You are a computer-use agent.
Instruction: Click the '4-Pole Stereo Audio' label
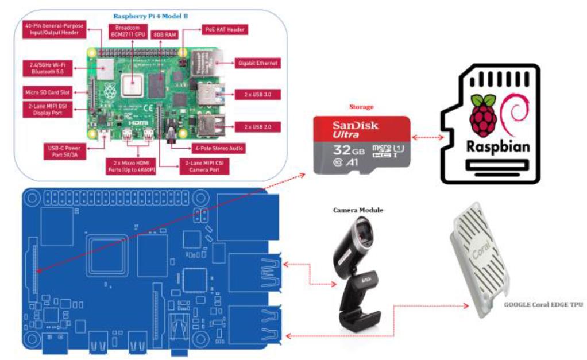pos(218,149)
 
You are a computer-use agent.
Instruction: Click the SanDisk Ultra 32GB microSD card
pos(362,145)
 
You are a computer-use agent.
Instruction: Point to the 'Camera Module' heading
pos(358,210)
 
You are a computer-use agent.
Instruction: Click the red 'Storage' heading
pos(362,107)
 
